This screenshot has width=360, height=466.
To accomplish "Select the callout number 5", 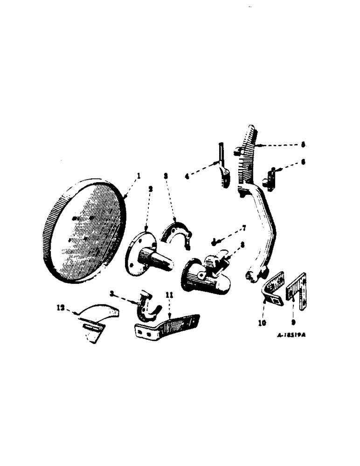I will coord(303,145).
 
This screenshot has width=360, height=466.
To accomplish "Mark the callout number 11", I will coord(168,295).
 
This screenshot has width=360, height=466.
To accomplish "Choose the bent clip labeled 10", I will coord(273,294).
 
